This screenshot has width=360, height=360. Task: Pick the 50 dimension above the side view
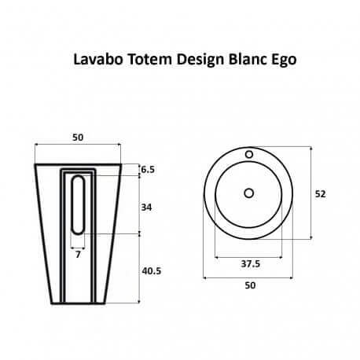click(x=78, y=138)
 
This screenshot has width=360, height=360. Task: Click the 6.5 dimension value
click(x=149, y=169)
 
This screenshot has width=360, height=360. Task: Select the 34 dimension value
click(x=147, y=208)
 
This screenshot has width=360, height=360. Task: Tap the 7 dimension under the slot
click(x=78, y=255)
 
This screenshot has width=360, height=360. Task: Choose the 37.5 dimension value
click(x=250, y=264)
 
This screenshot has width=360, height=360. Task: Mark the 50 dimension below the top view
click(x=250, y=285)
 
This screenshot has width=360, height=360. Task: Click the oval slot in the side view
click(x=78, y=204)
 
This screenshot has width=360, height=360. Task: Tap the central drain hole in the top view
click(x=249, y=193)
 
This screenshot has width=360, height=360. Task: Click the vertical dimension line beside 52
click(x=313, y=193)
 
